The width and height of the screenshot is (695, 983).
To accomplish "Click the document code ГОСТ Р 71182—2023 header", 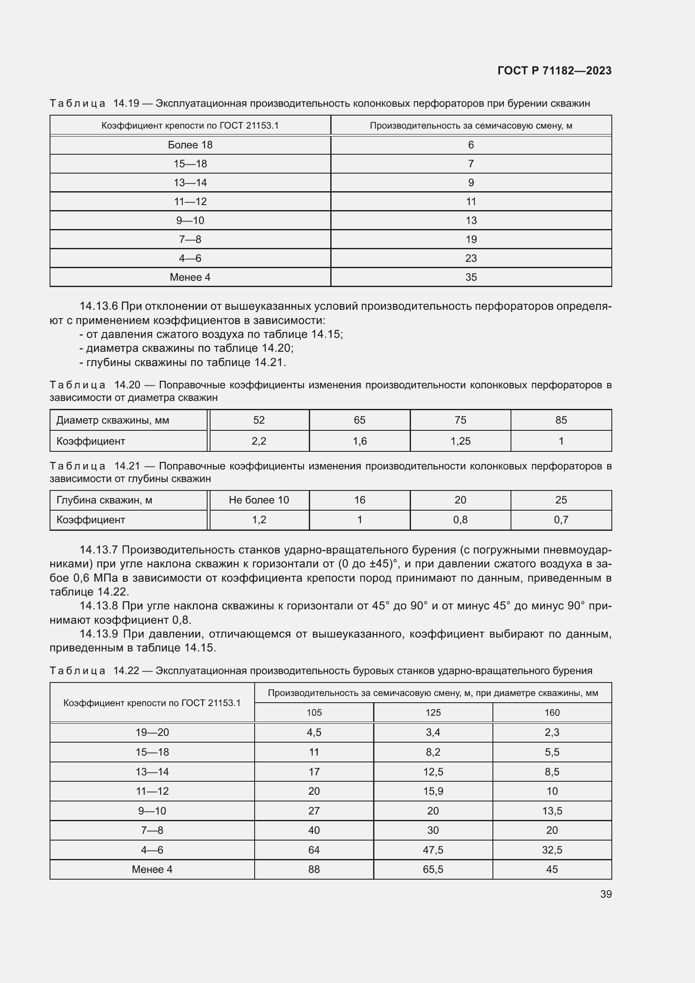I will [554, 71].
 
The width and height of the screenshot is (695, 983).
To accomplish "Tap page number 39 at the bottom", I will [605, 894].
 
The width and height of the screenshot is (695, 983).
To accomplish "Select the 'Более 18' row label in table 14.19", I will [190, 145].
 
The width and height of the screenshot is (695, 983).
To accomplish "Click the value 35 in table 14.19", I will [471, 277].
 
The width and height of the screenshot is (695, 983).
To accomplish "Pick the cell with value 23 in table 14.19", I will [471, 258].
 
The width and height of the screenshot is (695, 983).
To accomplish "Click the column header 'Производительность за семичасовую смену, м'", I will [471, 125].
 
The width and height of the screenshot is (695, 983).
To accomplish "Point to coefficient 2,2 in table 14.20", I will [259, 441].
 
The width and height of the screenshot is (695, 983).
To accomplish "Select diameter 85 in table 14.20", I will [561, 420].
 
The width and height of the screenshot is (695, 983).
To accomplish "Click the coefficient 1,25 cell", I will [460, 441].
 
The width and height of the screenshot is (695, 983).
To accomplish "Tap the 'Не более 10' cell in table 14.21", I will [259, 500].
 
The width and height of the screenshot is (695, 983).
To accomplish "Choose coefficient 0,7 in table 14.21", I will [561, 519].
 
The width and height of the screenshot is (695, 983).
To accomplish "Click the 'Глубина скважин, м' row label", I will [105, 500].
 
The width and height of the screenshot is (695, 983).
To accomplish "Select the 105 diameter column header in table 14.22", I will [314, 712].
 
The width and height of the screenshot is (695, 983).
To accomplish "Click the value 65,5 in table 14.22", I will [433, 869].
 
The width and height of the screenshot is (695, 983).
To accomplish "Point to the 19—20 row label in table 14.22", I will [152, 732].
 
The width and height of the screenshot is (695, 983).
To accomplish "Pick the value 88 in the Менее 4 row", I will [314, 869].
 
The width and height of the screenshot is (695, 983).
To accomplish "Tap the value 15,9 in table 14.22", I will [433, 791].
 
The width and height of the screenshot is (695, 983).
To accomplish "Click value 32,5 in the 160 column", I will [552, 850].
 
